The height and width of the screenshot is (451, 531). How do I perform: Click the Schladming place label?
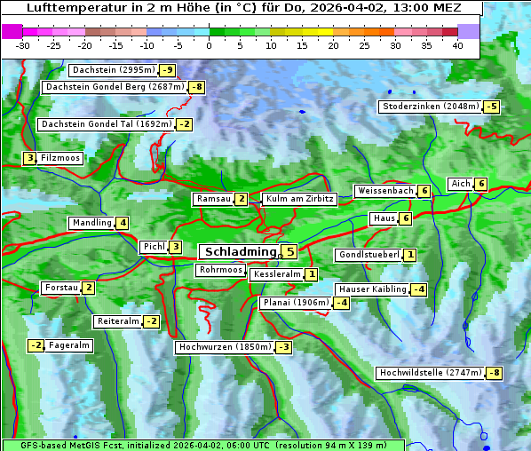[237, 252]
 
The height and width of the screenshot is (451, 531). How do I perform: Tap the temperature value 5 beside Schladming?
[289, 252]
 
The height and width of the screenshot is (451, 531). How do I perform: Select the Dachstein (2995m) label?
[113, 70]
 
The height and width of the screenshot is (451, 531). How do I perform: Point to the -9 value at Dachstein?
[168, 70]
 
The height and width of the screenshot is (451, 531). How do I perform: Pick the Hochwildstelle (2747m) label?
[429, 373]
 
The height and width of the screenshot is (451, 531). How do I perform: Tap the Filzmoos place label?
[60, 158]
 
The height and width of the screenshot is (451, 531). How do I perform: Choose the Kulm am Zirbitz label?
[299, 199]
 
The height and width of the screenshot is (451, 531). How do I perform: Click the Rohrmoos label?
[220, 270]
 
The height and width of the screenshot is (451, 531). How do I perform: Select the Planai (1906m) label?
[295, 303]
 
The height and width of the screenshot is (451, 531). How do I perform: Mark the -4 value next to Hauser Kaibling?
[419, 289]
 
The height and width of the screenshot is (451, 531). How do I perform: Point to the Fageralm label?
[68, 345]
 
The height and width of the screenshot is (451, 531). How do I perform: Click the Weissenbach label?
[384, 191]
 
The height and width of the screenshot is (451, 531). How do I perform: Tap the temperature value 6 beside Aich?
[480, 184]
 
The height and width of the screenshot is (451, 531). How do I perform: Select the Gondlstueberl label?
[368, 255]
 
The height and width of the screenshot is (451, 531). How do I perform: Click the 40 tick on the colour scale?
[456, 45]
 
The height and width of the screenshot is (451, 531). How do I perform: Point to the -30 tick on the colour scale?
[23, 45]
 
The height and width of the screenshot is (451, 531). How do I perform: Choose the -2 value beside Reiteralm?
[152, 321]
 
